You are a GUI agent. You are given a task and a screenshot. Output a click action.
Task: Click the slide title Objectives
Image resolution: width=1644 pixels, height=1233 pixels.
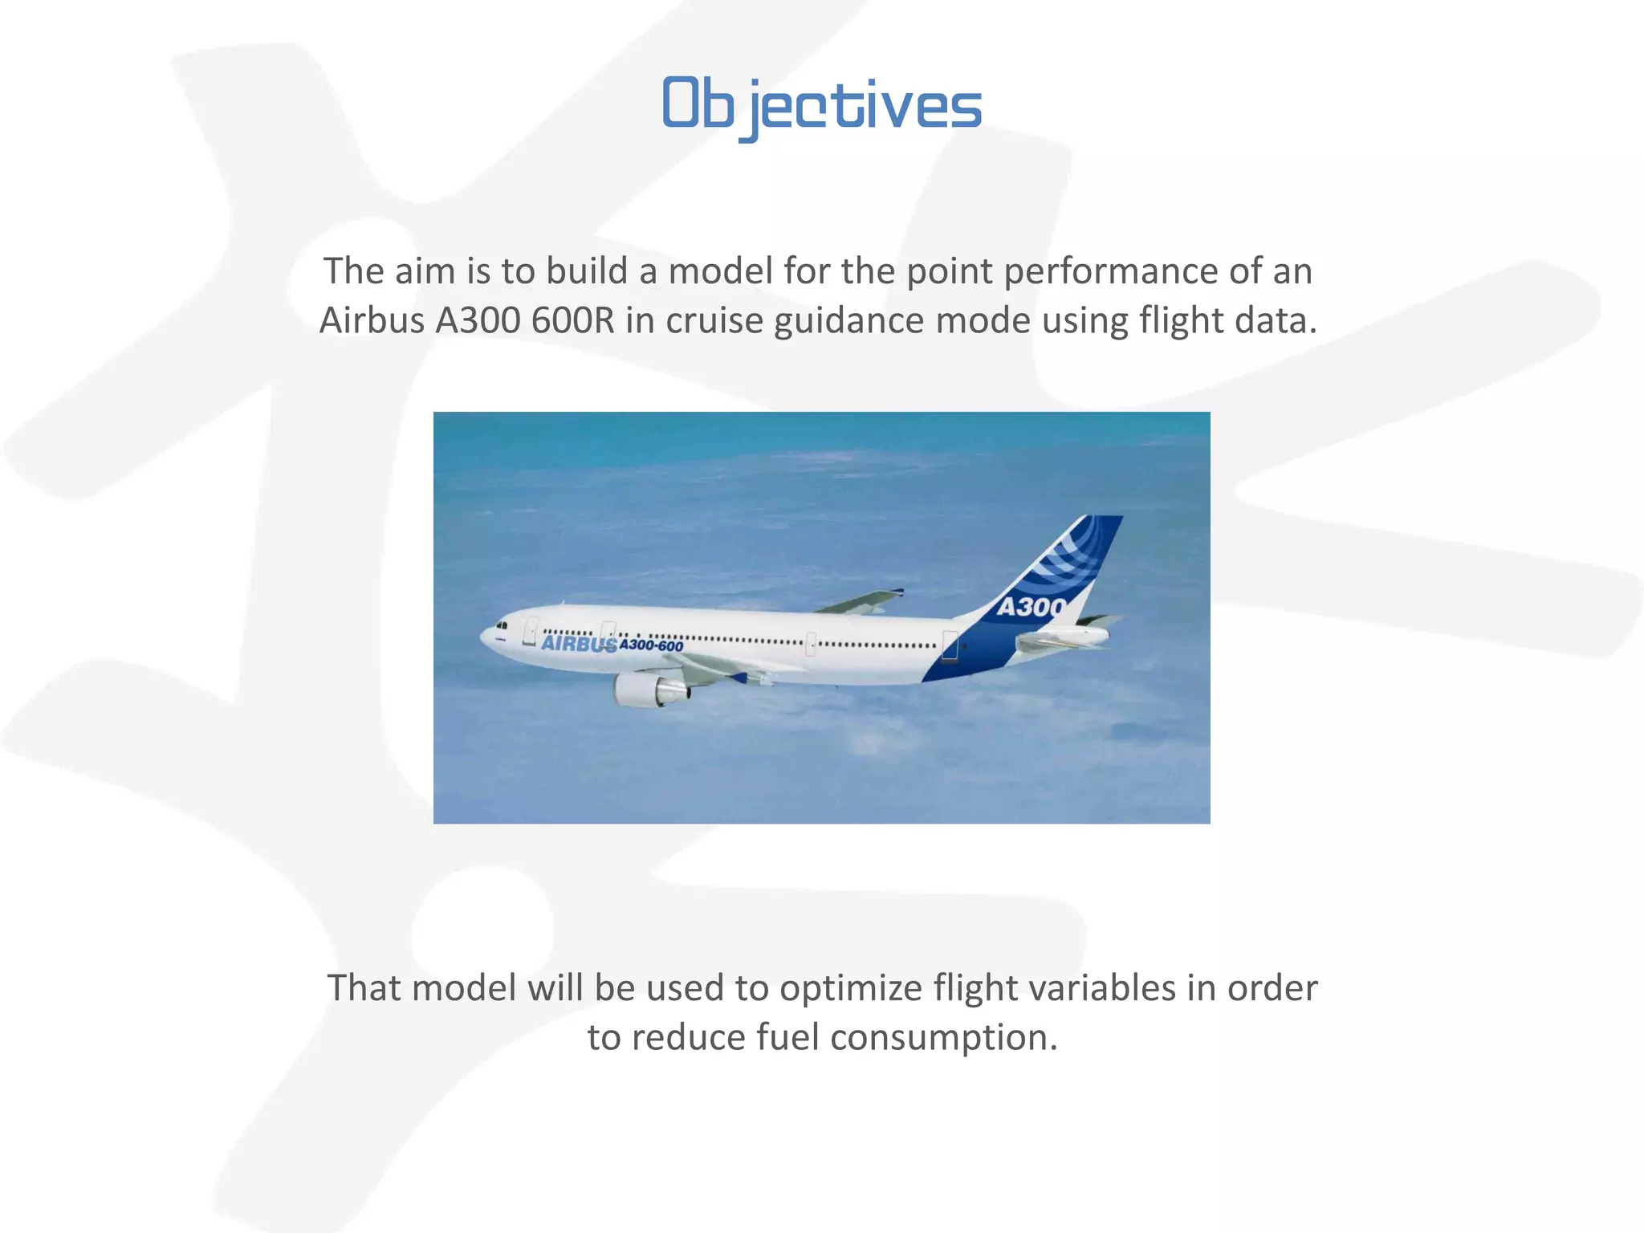[821, 105]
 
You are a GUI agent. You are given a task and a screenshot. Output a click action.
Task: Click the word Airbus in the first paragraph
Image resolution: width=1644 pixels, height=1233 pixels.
[372, 321]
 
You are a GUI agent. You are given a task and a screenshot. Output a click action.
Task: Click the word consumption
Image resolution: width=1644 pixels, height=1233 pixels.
[944, 1038]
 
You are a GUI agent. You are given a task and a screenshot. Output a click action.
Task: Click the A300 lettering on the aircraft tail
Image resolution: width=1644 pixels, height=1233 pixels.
[1032, 608]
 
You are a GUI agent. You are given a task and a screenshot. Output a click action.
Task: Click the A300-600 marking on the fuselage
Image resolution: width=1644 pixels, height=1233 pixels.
[651, 646]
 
